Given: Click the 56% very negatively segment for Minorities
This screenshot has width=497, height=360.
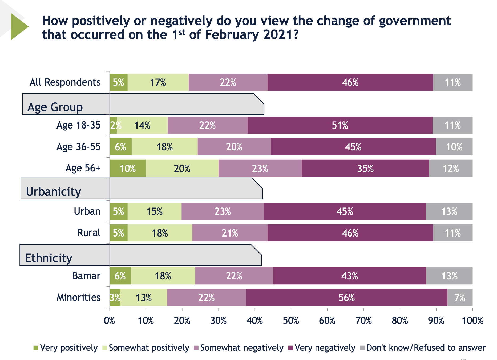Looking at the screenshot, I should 347,297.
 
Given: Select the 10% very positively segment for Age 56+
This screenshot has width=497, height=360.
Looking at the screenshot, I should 128,168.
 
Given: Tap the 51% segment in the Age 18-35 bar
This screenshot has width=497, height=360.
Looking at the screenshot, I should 340,125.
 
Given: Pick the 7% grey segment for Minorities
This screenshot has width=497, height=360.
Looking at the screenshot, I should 460,297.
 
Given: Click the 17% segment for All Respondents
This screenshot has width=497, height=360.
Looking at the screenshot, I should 158,82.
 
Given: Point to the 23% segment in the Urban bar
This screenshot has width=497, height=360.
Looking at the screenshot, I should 223,211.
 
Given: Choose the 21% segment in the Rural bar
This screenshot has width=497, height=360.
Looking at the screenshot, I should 230,233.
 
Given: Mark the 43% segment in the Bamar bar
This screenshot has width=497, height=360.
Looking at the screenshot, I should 350,276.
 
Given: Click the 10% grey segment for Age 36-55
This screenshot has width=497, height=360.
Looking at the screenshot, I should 454,147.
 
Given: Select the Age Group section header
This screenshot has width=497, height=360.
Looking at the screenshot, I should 55,107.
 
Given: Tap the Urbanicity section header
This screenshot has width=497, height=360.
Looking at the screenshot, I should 54,191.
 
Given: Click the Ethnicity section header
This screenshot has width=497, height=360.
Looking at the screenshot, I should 49,258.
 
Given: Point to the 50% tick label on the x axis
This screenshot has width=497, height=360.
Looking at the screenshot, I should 291,320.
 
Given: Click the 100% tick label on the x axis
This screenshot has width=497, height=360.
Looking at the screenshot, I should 472,320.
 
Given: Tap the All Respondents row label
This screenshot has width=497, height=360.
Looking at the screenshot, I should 65,82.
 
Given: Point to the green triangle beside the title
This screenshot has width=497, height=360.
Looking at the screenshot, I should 18,27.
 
